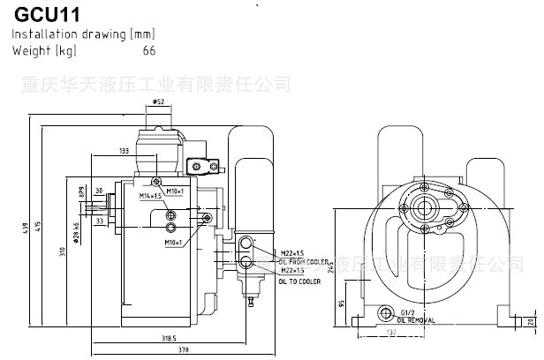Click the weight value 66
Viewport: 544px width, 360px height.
click(149, 50)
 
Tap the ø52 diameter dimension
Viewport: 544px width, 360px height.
click(159, 102)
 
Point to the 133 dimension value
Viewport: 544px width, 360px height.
click(124, 151)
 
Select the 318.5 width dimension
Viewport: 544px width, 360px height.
click(144, 337)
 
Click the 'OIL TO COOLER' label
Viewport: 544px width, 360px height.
click(298, 281)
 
